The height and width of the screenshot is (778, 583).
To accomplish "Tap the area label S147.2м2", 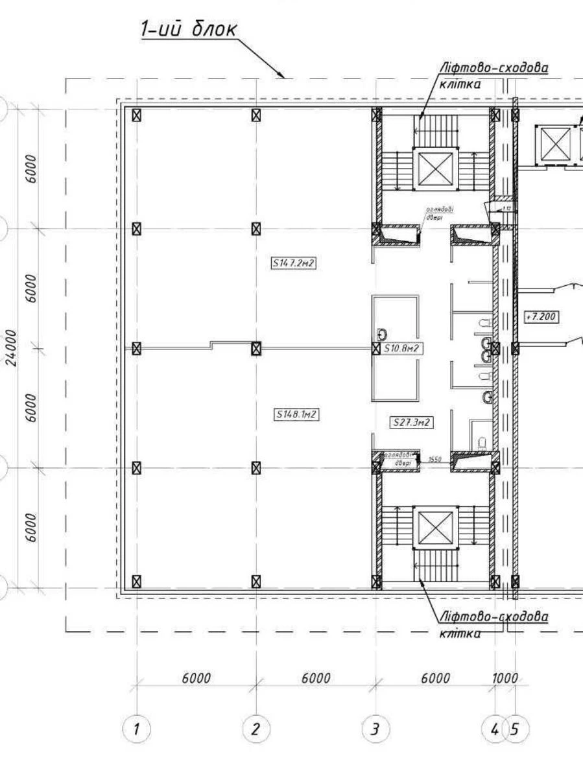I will (293, 263).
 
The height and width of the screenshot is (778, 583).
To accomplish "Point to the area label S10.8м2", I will (402, 349).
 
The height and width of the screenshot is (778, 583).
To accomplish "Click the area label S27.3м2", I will (411, 423).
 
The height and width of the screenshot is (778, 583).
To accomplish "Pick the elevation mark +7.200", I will (541, 316).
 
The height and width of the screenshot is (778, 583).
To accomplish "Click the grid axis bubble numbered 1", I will (136, 729).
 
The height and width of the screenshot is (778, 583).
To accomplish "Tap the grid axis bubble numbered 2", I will (256, 729).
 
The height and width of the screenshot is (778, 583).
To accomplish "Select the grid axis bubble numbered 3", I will (375, 729).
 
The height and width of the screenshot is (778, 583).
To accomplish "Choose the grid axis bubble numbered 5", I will (516, 729).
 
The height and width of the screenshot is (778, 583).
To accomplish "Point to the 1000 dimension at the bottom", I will (505, 678).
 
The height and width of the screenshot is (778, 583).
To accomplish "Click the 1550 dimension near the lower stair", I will (434, 459).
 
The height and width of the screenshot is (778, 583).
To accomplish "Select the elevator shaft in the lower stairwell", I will (435, 526).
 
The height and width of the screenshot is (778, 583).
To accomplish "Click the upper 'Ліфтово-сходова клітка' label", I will (493, 75).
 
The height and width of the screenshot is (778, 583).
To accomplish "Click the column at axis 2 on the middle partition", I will (256, 348).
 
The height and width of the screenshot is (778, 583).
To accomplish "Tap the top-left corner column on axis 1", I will (136, 115).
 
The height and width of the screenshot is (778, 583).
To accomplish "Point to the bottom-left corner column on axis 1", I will (136, 581).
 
